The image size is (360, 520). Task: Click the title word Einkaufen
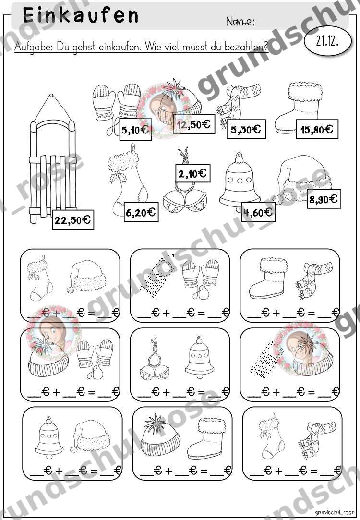(x=81, y=15)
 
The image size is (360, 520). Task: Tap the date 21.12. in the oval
(x=327, y=41)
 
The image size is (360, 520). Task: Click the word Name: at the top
(x=240, y=22)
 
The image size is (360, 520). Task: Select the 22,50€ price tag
(x=73, y=219)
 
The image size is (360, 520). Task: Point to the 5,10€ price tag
(x=135, y=129)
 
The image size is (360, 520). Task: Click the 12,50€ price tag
(x=194, y=124)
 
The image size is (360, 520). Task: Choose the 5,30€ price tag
(x=246, y=129)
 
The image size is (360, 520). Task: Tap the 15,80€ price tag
(x=317, y=129)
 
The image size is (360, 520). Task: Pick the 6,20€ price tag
(x=141, y=212)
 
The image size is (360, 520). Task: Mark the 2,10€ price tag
(x=192, y=173)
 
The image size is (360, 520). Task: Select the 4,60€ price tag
(x=258, y=212)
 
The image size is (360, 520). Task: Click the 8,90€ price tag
(x=324, y=199)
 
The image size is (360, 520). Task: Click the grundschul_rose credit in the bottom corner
(x=335, y=513)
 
